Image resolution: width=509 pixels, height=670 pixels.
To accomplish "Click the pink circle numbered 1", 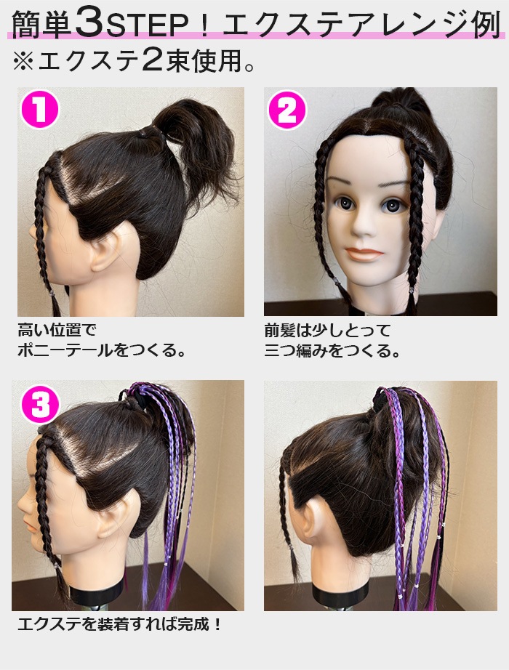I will tap(39, 110).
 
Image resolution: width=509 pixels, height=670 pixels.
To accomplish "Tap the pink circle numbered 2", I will tap(287, 110).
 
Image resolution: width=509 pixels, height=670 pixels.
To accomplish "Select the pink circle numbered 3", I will tap(39, 404).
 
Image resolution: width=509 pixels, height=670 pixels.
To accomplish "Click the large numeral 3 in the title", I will tap(89, 24).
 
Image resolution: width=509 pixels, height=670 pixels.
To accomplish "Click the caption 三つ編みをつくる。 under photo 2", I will tap(333, 352).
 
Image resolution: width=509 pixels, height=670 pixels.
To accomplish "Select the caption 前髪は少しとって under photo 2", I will tap(327, 331).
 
